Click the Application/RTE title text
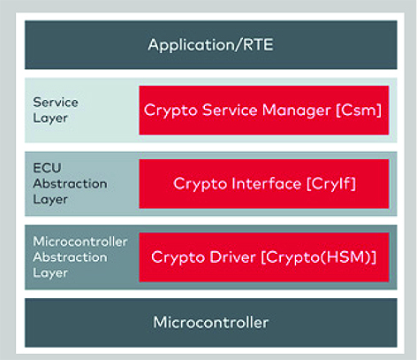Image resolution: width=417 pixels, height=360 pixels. pyautogui.click(x=210, y=45)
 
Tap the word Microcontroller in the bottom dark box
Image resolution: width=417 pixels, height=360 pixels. pyautogui.click(x=211, y=322)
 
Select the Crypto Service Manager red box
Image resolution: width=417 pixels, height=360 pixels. pyautogui.click(x=264, y=111)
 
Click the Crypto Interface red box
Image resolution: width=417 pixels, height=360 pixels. pyautogui.click(x=264, y=184)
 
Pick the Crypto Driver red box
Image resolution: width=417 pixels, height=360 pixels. pyautogui.click(x=264, y=257)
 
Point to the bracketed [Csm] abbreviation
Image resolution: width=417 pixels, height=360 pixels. pyautogui.click(x=359, y=111)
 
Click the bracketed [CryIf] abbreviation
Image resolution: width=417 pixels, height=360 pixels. pyautogui.click(x=331, y=184)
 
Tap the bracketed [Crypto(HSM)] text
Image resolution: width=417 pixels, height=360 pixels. pyautogui.click(x=319, y=257)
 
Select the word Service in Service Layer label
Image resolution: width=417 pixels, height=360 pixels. pyautogui.click(x=56, y=103)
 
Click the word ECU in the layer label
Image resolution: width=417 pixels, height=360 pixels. pyautogui.click(x=47, y=168)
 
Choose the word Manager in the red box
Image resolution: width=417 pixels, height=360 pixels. pyautogui.click(x=296, y=111)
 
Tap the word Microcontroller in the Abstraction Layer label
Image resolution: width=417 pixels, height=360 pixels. pyautogui.click(x=80, y=241)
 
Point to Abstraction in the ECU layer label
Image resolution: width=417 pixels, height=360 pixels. pyautogui.click(x=70, y=184)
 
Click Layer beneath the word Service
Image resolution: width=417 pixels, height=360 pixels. pyautogui.click(x=50, y=119)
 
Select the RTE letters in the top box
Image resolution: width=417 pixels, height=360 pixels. pyautogui.click(x=258, y=45)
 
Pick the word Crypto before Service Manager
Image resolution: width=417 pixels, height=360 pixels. pyautogui.click(x=171, y=111)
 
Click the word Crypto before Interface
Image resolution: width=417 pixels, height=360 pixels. pyautogui.click(x=200, y=184)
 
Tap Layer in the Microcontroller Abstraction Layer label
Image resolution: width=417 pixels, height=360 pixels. pyautogui.click(x=50, y=273)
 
